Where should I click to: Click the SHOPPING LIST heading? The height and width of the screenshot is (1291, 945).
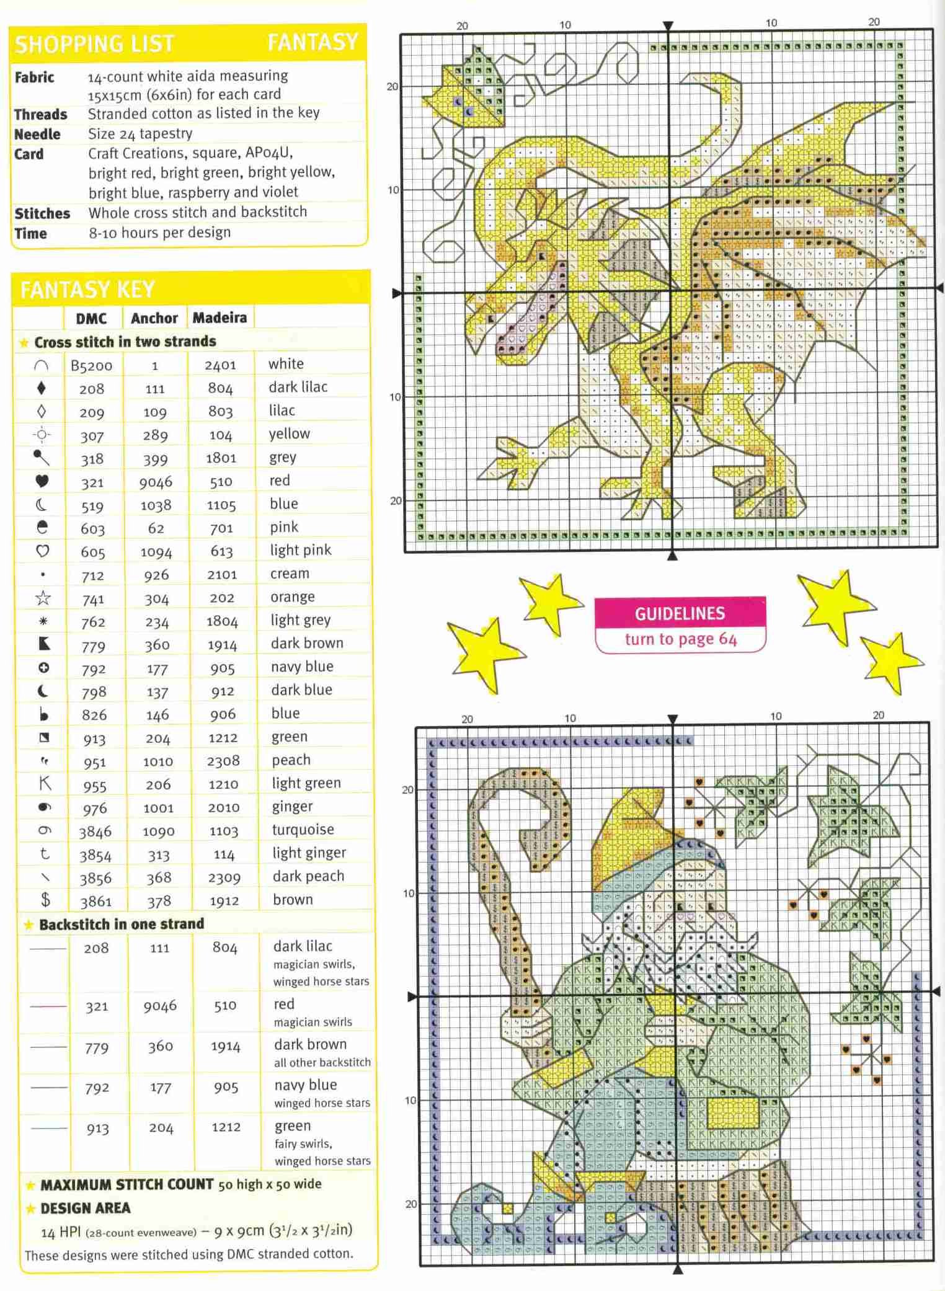pos(94,44)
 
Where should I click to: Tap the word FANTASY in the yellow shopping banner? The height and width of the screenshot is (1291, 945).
pos(313,42)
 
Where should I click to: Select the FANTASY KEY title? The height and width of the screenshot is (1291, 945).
pos(87,290)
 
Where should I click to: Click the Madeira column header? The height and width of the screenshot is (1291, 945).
pos(220,318)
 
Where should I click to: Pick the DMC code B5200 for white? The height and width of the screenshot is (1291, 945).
pos(91,365)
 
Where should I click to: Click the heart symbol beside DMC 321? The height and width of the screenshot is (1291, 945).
pos(42,481)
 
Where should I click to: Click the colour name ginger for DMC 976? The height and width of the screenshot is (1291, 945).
pos(292,807)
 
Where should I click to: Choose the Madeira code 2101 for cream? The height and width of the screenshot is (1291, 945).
pos(222,574)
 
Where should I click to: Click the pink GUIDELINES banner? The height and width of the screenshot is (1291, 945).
pos(680,613)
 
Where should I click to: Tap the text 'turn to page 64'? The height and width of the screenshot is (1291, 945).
pos(680,639)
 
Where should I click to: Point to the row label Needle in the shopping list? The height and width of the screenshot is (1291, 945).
pos(37,134)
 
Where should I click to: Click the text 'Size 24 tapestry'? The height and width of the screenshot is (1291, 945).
pos(140,133)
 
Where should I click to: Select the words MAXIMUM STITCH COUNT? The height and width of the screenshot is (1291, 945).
pos(126,1184)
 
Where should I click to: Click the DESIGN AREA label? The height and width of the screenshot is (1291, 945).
pos(86,1208)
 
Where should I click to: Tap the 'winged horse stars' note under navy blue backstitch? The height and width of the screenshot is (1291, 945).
pos(322,1102)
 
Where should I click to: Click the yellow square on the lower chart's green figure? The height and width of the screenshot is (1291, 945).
pos(733,1114)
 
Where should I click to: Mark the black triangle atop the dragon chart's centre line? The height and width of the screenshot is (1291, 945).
pos(668,26)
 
